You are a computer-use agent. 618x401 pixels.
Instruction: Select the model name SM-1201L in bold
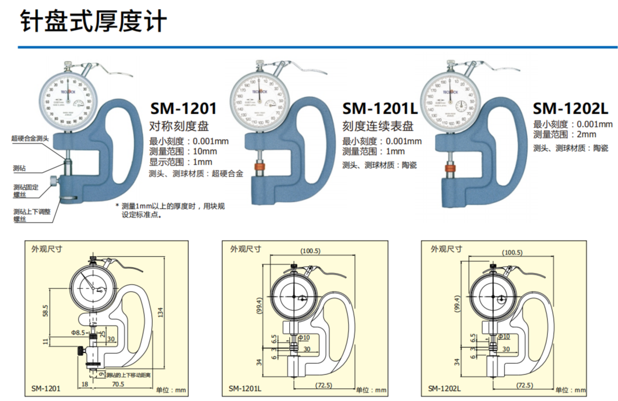click(380, 109)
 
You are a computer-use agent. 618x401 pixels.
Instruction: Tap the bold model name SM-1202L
click(570, 109)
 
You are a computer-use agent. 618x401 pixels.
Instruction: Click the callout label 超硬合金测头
click(30, 138)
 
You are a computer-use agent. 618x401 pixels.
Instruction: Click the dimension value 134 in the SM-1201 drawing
click(160, 313)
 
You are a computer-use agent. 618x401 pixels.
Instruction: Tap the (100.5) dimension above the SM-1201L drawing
click(310, 251)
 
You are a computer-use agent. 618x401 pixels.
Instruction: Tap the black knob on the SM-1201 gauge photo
click(54, 182)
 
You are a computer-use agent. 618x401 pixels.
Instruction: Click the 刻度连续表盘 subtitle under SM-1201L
click(378, 127)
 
